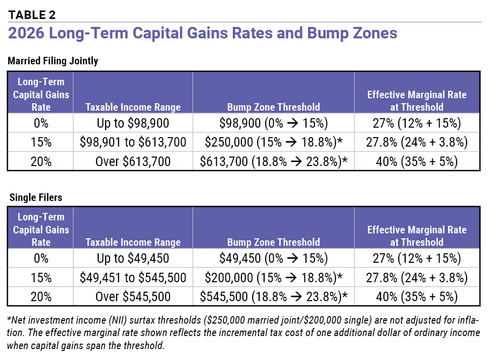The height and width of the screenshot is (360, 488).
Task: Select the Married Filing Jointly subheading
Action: tap(53, 61)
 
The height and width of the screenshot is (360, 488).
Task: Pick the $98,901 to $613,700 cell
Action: tap(133, 143)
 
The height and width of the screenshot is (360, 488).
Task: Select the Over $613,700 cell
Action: tap(133, 162)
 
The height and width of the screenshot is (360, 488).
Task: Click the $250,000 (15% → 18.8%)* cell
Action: tap(273, 143)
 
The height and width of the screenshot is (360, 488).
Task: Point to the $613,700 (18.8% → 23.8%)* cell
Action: tap(273, 162)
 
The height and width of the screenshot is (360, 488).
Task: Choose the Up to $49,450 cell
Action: tap(133, 259)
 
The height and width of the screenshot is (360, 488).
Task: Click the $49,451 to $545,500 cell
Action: tap(133, 278)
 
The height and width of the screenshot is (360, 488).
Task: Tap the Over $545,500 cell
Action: tap(133, 297)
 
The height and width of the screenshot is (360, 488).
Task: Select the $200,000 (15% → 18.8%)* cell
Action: tap(273, 278)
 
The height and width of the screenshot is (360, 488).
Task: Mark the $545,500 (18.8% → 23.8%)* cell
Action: tap(273, 297)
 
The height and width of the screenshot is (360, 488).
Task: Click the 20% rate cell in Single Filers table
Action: tap(41, 297)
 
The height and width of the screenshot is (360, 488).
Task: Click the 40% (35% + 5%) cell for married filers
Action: tap(417, 162)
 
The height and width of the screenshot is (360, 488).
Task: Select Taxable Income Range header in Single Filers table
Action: tap(133, 242)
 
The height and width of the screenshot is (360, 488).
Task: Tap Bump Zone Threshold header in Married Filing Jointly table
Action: tap(273, 107)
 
